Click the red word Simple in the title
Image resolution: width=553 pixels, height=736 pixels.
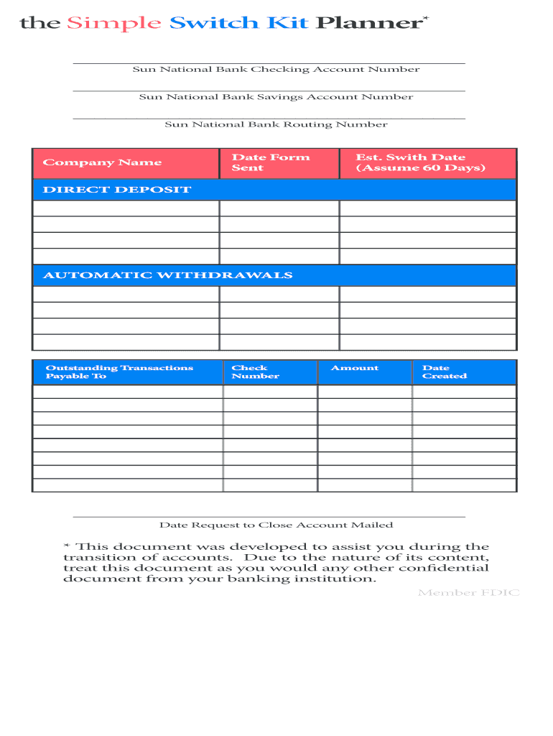[x=114, y=24]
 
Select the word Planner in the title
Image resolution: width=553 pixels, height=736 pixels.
[x=368, y=24]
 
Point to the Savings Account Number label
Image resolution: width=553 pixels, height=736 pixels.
[x=276, y=97]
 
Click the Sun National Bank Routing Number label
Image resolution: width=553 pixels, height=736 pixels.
[x=276, y=124]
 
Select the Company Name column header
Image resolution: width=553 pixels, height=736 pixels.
[x=102, y=162]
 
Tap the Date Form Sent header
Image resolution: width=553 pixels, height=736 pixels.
[x=271, y=162]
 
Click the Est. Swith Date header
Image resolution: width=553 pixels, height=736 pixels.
[x=421, y=162]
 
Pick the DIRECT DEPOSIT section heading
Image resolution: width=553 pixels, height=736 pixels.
[x=117, y=190]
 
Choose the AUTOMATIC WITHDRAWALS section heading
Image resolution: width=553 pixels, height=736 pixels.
[x=168, y=275]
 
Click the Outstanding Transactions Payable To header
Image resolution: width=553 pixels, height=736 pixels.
[x=119, y=372]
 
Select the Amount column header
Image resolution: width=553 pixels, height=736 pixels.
[x=354, y=368]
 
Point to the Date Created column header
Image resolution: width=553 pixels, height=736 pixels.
[x=444, y=372]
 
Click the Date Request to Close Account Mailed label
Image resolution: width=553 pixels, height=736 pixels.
[x=276, y=525]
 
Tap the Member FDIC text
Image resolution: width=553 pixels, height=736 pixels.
[x=468, y=593]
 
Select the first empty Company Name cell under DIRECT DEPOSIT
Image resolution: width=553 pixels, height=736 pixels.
[x=126, y=208]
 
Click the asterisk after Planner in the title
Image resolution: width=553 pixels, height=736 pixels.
[x=425, y=17]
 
